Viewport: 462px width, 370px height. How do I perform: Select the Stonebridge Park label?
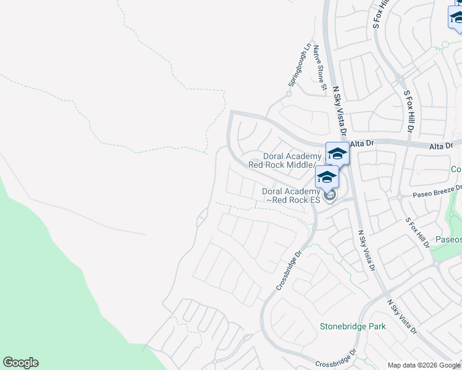[352, 326]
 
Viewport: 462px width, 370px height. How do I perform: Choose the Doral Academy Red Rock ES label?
[290, 195]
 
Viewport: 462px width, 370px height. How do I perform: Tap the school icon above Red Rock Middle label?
[338, 154]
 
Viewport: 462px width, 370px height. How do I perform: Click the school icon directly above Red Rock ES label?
[327, 177]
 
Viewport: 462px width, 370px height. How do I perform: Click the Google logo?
[20, 363]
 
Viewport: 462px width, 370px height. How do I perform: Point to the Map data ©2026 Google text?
[424, 365]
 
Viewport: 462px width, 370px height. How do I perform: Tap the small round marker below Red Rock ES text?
[330, 196]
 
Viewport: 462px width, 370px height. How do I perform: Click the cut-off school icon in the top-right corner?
[456, 17]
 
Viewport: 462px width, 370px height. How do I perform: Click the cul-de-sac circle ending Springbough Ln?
[288, 94]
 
